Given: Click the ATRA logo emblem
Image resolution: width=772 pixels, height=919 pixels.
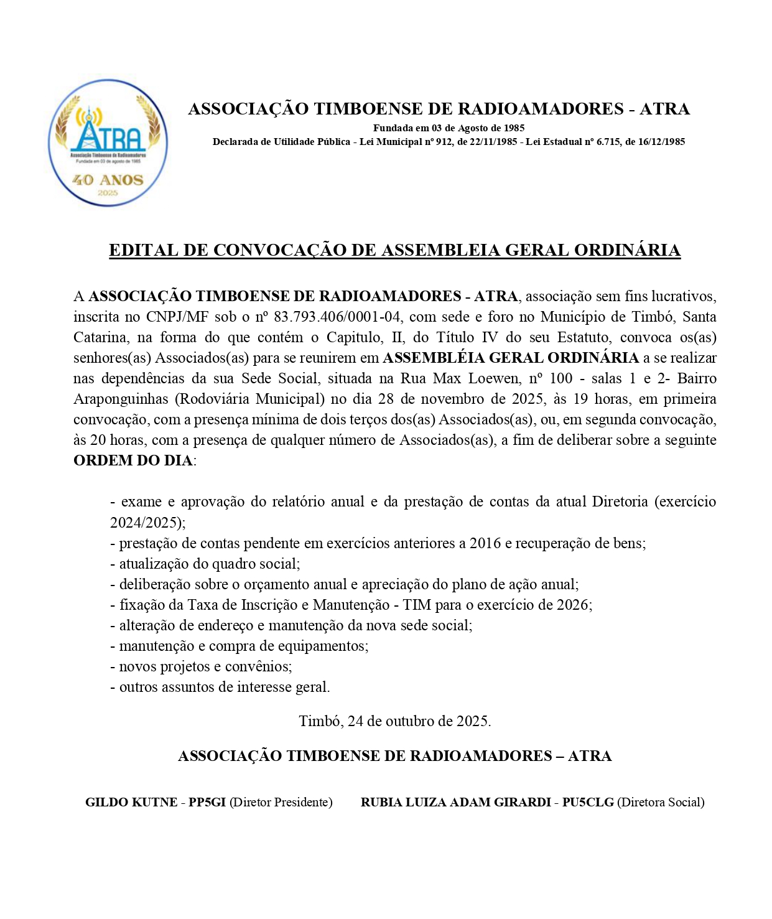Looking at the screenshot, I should point(108,142).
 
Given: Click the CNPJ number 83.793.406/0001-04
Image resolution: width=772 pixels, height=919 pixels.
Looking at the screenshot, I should point(337,317).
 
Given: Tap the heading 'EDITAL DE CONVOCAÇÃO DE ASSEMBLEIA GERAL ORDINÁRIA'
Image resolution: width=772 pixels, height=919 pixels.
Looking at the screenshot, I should point(394,250).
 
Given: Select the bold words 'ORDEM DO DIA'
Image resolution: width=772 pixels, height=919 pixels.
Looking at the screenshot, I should point(133,461).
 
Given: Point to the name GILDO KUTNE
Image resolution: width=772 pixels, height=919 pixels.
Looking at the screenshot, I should point(131,803).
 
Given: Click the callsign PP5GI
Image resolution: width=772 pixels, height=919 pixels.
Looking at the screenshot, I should point(207,803).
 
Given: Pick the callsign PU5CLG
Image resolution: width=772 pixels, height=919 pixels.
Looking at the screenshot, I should point(588,803).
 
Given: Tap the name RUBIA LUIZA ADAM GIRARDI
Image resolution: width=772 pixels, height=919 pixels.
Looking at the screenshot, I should point(455,803).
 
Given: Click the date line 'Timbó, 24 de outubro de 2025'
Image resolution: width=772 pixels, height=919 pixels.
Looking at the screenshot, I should point(394,722).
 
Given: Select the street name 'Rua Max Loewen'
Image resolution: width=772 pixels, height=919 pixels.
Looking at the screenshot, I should point(460,379).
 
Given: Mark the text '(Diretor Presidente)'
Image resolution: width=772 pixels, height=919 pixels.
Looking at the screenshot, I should point(281,803).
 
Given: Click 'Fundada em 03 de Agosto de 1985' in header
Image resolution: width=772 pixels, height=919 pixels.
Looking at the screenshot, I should point(449,128).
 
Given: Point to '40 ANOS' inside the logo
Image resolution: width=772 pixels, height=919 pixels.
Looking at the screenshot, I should point(108,180).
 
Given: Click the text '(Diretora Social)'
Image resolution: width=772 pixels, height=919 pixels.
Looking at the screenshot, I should point(661,803).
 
